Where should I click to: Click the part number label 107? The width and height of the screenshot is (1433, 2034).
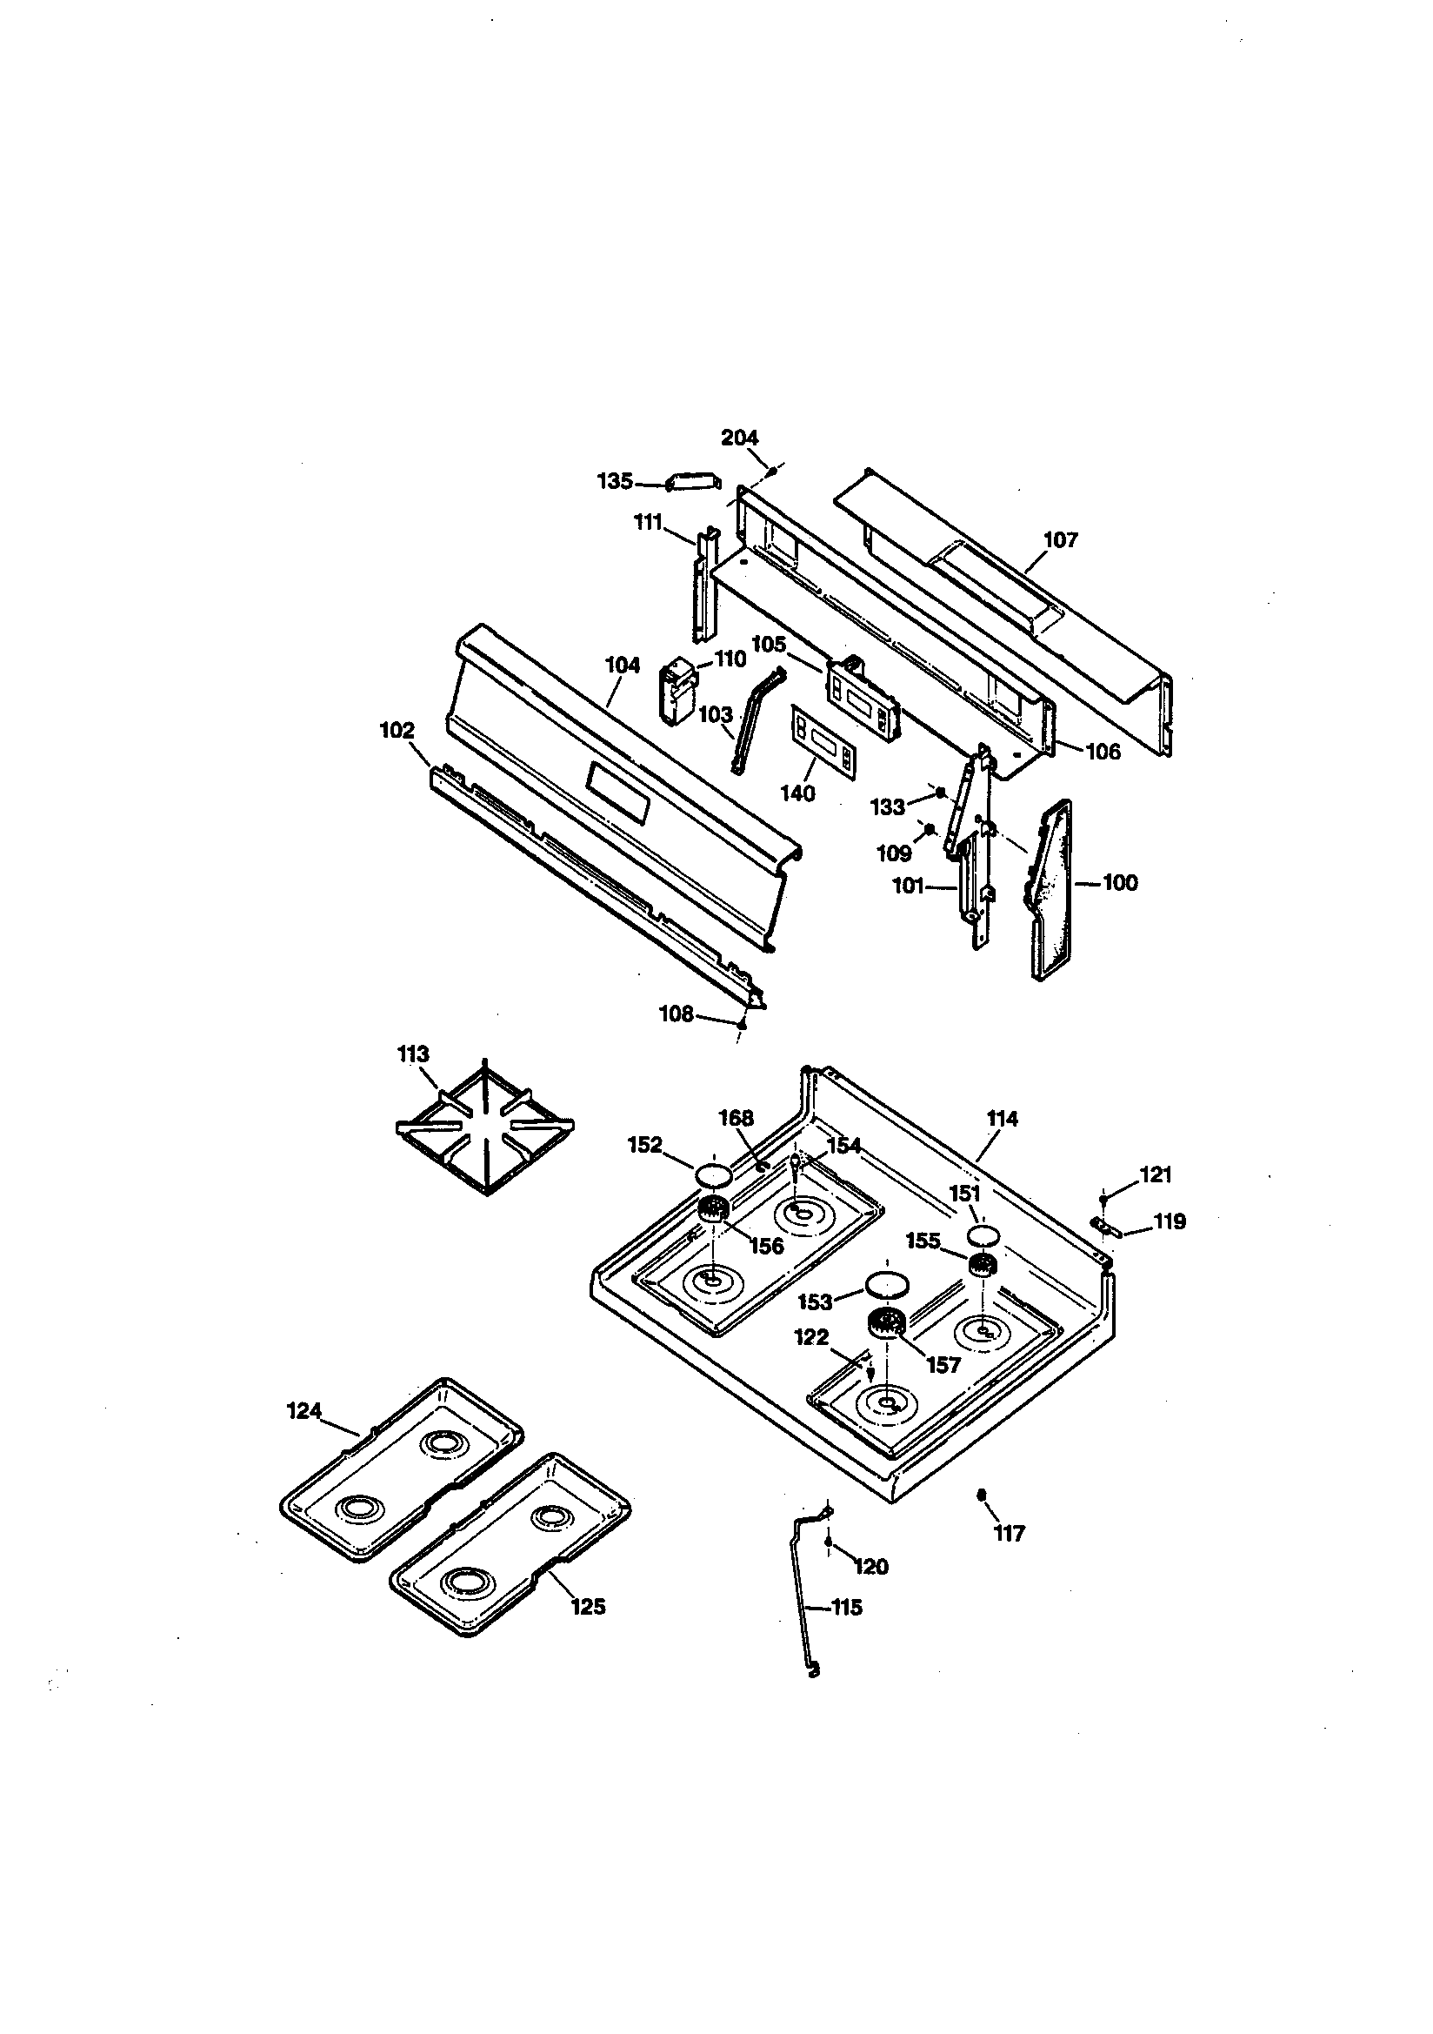pyautogui.click(x=1060, y=539)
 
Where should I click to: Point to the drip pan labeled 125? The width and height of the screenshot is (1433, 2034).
pyautogui.click(x=510, y=1542)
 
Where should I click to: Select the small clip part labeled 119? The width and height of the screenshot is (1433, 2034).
pyautogui.click(x=1106, y=1227)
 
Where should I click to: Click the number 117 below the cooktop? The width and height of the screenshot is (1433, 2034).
pyautogui.click(x=1009, y=1534)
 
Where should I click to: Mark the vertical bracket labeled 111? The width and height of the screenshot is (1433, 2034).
pyautogui.click(x=706, y=585)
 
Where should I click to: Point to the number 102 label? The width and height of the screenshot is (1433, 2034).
pyautogui.click(x=397, y=731)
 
